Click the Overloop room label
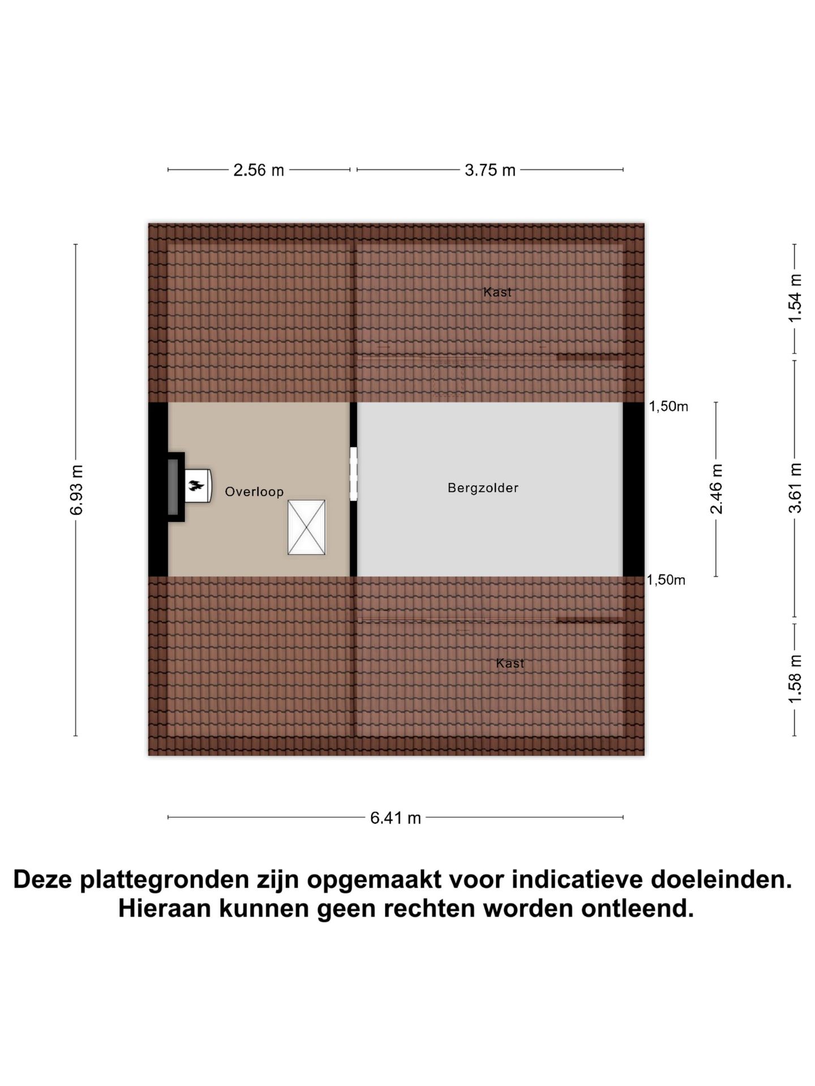click(x=254, y=492)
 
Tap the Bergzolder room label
click(x=483, y=488)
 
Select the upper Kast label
click(x=497, y=292)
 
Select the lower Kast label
click(x=510, y=663)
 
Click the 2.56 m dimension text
click(x=259, y=170)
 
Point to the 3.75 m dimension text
click(x=490, y=170)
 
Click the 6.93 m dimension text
click(x=76, y=490)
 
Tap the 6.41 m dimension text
click(x=396, y=818)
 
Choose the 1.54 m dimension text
click(x=795, y=298)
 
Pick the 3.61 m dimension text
click(x=795, y=488)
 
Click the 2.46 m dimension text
click(x=717, y=489)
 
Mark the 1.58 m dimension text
click(x=795, y=679)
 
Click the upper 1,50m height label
click(x=668, y=406)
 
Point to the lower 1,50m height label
click(x=666, y=580)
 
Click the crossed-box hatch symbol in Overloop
click(x=306, y=527)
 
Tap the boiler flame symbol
click(x=196, y=485)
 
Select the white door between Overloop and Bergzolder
click(x=354, y=473)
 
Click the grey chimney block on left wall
click(x=173, y=486)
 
